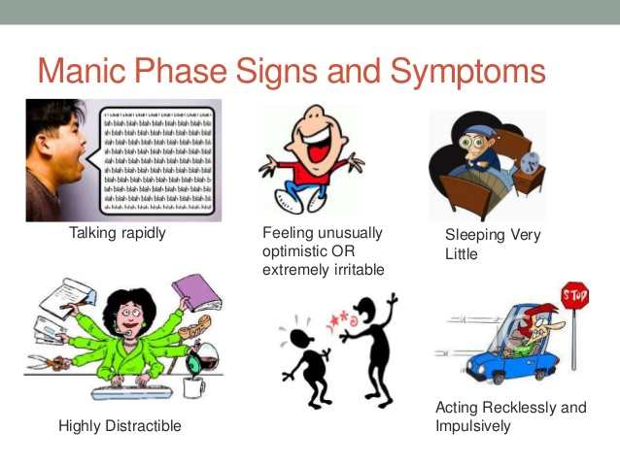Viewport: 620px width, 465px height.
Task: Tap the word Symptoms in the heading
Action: point(466,73)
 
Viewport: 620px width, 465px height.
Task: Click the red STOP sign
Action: point(575,294)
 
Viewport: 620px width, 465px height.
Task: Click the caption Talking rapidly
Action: point(118,233)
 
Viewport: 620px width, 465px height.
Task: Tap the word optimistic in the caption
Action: point(295,250)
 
